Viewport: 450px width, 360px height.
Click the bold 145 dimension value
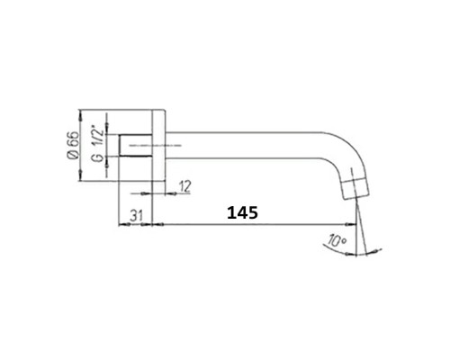click(242, 212)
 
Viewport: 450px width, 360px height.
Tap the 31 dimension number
click(136, 215)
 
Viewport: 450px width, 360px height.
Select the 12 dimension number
click(184, 186)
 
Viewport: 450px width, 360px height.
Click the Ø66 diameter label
click(74, 145)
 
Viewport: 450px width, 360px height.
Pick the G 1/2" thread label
click(99, 146)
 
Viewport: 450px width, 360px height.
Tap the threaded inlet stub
click(135, 145)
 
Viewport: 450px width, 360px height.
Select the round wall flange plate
click(158, 145)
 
